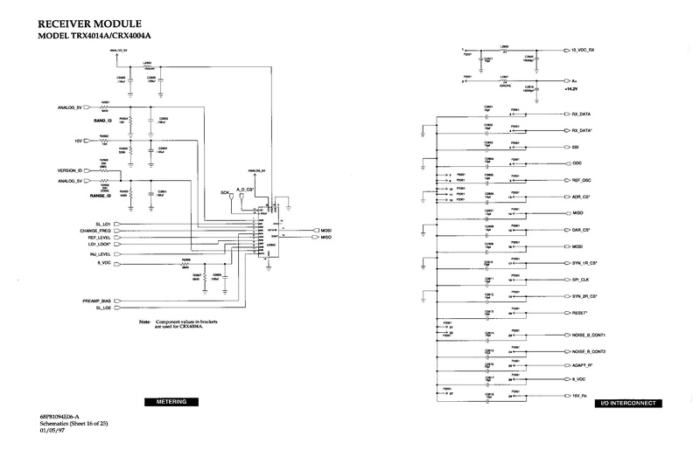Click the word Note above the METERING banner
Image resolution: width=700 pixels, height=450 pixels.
tap(146, 322)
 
